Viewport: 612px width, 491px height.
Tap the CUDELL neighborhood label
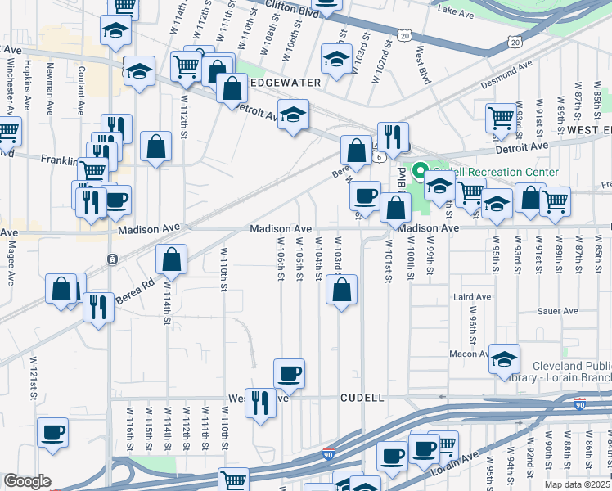tap(362, 398)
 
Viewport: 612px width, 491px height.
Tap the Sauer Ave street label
tap(558, 311)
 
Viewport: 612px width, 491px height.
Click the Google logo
tap(27, 481)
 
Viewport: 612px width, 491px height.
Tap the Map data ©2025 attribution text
tap(578, 484)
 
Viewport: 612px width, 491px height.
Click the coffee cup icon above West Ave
tap(289, 374)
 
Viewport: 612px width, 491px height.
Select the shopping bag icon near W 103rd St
tap(341, 289)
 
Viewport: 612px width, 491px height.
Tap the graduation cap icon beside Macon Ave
tap(505, 358)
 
